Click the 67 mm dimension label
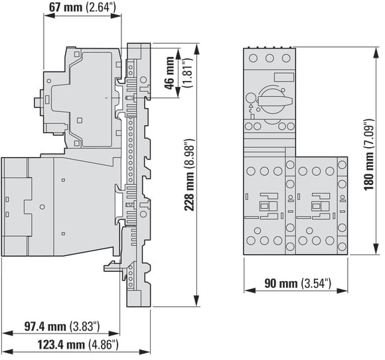coord(82,7)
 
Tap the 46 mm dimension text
coord(169,73)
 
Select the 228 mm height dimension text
coord(189,174)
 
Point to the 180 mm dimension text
coord(369,154)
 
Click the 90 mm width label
coord(297,284)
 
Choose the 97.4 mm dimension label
coord(62,326)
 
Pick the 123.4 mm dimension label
coord(78,345)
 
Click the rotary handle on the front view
coord(275,100)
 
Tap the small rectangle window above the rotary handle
coord(284,78)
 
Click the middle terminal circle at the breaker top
coord(269,58)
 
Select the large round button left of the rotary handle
coord(250,98)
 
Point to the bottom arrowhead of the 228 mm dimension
coord(196,301)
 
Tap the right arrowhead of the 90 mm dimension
coord(343,291)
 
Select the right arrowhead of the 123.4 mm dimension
coord(145,352)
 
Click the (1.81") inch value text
coord(188,73)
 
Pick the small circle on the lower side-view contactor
coord(42,207)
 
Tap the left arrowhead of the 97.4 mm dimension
coord(7,333)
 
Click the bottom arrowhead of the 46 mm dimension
coord(179,93)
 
